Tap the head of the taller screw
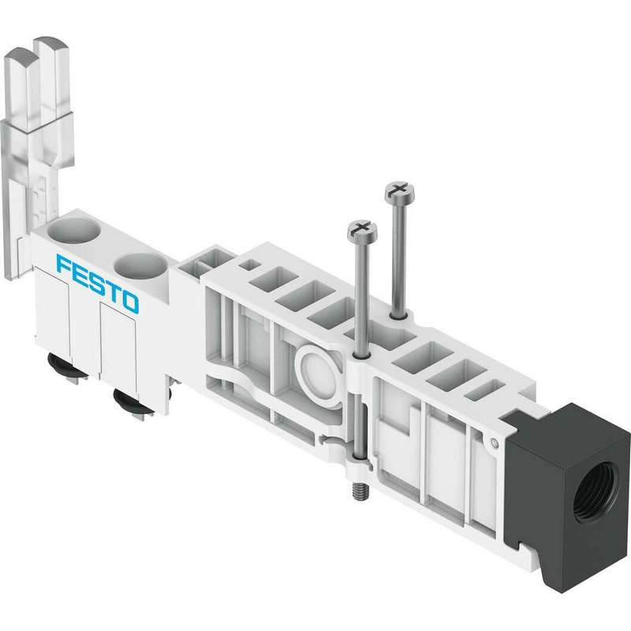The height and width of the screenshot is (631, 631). click(x=400, y=192)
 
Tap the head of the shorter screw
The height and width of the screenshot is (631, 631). click(x=363, y=230)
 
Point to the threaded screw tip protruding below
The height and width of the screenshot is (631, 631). click(x=360, y=490)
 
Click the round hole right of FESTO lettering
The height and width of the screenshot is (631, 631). click(x=140, y=267)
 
